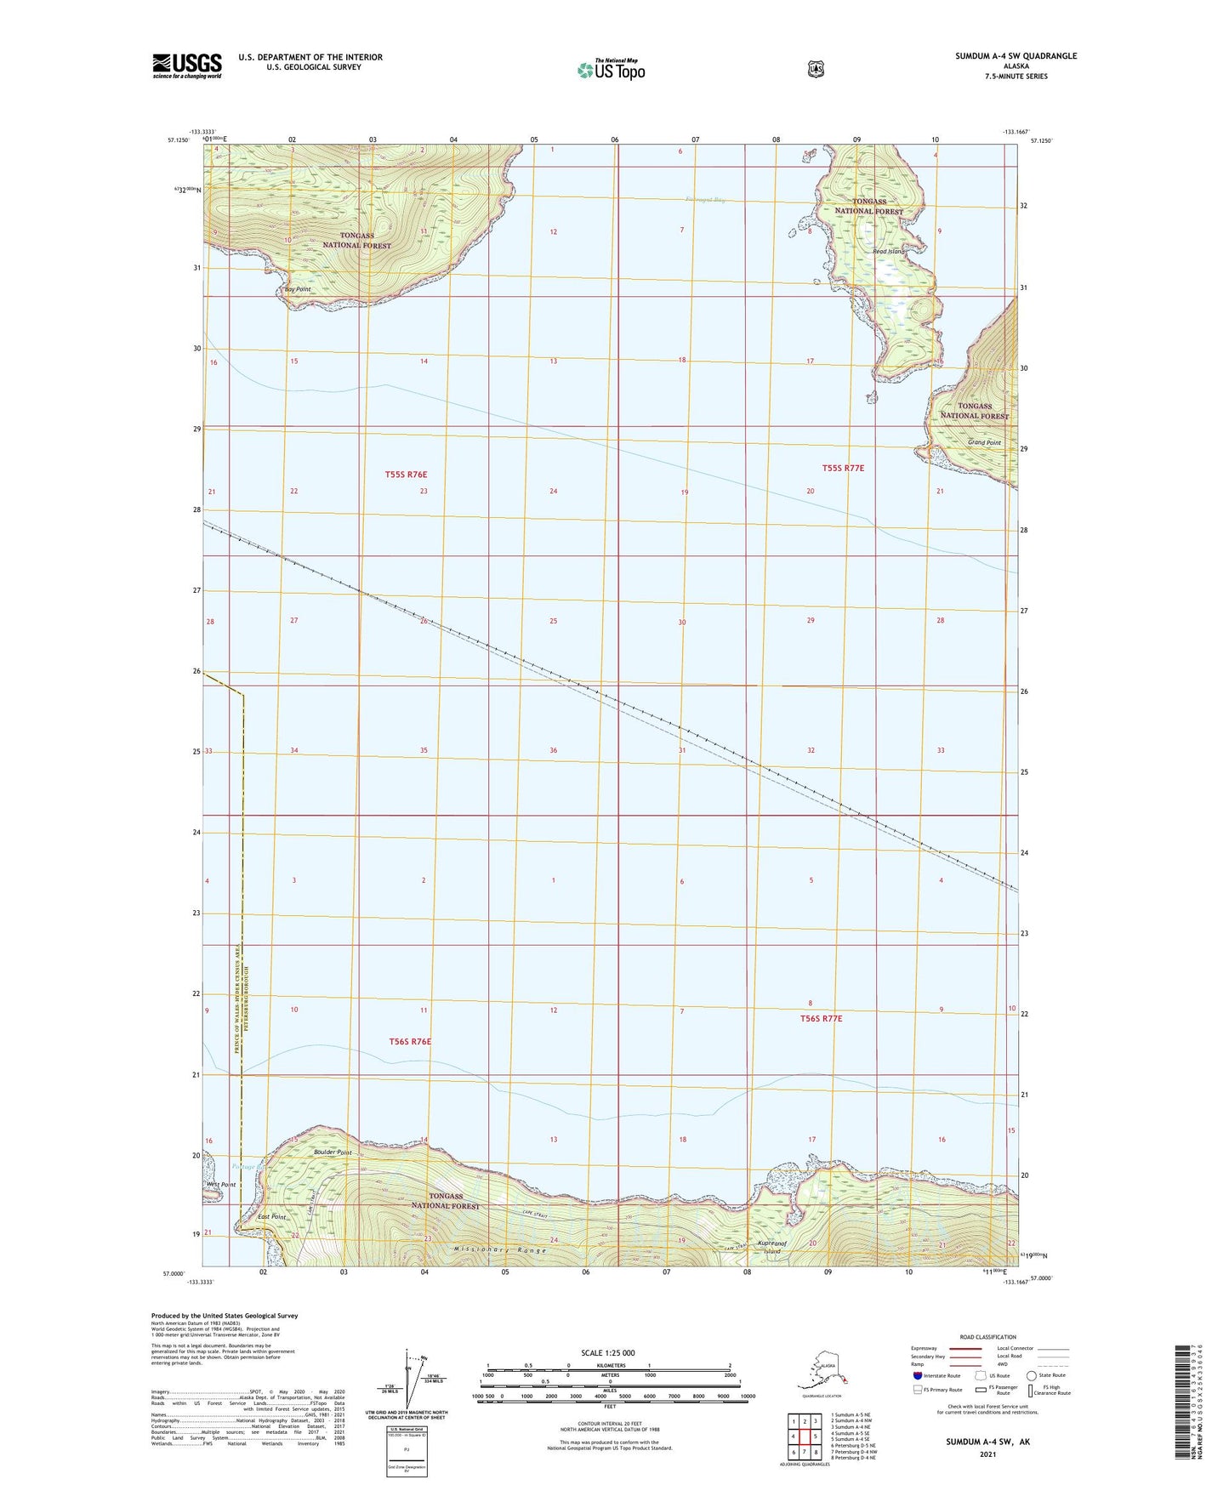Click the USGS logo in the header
click(x=187, y=65)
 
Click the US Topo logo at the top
click(x=611, y=69)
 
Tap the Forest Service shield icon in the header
click(x=816, y=69)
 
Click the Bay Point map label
click(x=298, y=290)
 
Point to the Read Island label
click(x=887, y=252)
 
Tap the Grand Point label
click(x=984, y=443)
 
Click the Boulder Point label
click(x=333, y=1152)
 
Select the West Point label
click(x=221, y=1184)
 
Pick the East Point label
click(x=272, y=1217)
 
